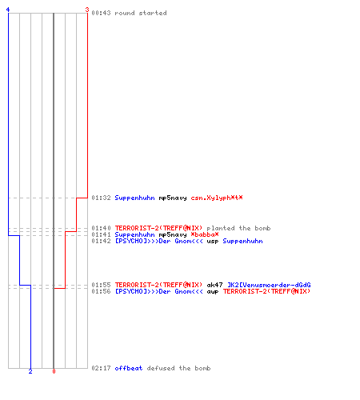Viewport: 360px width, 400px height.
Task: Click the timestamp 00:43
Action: click(101, 13)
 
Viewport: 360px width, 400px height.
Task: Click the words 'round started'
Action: click(141, 13)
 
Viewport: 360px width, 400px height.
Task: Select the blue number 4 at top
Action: click(8, 10)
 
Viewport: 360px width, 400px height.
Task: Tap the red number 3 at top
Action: click(87, 10)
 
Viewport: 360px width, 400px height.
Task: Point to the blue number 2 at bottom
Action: click(30, 371)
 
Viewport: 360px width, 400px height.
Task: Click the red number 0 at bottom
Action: click(54, 371)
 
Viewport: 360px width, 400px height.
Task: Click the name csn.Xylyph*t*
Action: click(217, 198)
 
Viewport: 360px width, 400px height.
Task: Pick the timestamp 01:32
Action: click(101, 198)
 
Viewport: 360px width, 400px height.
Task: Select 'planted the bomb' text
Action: click(238, 228)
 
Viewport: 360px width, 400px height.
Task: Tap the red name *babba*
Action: click(205, 234)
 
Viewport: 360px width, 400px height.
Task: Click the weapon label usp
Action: click(213, 242)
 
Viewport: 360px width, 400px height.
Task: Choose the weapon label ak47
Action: click(214, 285)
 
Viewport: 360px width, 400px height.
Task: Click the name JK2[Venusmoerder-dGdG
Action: click(269, 285)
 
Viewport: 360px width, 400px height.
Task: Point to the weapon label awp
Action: click(213, 292)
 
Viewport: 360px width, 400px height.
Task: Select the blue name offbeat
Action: click(129, 368)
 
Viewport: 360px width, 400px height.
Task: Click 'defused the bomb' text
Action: click(178, 368)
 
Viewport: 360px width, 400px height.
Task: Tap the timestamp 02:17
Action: click(101, 368)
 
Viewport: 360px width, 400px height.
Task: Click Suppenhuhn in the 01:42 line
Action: click(242, 241)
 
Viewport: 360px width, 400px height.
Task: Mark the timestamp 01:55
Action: click(101, 285)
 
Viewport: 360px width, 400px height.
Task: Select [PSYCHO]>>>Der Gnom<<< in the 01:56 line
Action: click(159, 291)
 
